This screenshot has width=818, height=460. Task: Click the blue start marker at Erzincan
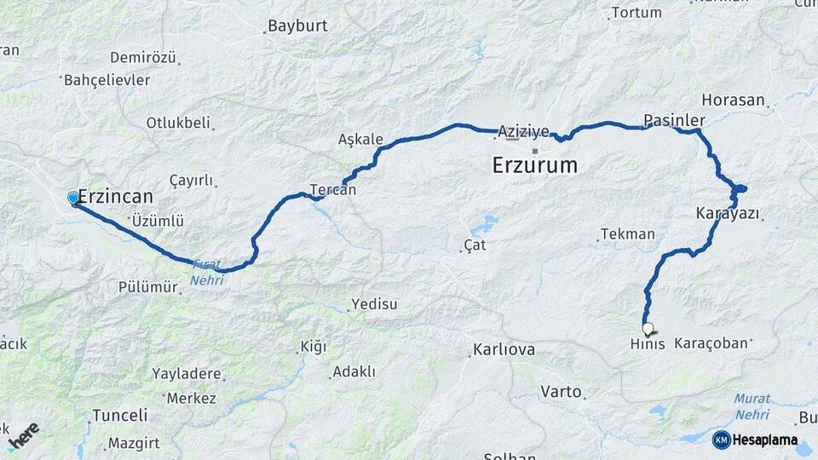[x=73, y=198]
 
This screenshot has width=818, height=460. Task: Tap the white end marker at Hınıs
[x=648, y=328]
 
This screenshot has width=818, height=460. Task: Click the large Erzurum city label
[x=534, y=165]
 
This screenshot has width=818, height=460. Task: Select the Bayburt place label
[x=297, y=26]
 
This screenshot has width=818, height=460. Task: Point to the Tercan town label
[x=332, y=190]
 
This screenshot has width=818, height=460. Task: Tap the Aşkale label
[x=360, y=140]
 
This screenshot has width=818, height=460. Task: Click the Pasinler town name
[x=674, y=120]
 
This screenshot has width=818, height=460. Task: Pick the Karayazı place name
[x=727, y=213]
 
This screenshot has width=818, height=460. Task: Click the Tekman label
[x=627, y=233]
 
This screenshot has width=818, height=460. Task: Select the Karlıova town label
[x=504, y=350]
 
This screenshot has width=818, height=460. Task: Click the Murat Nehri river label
[x=752, y=405]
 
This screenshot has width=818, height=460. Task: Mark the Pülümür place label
[x=147, y=287]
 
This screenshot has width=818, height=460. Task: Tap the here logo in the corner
[x=23, y=434]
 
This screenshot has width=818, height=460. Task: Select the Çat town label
[x=474, y=245]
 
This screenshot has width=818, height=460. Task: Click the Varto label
[x=561, y=392]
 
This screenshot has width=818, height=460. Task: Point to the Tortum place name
[x=637, y=13]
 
